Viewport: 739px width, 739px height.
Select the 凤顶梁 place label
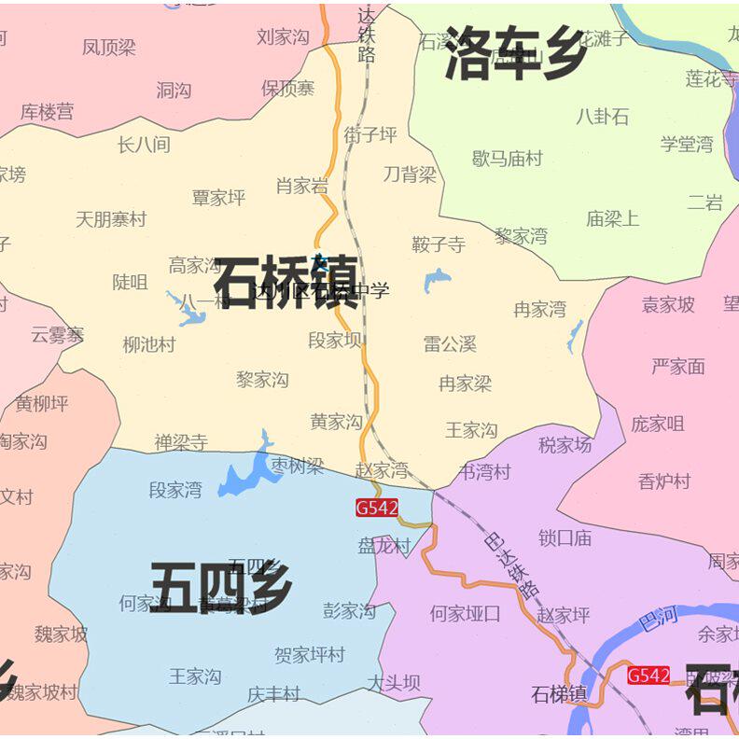(x=109, y=48)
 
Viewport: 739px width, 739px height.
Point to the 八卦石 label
(x=602, y=117)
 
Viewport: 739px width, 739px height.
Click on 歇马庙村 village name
(x=508, y=159)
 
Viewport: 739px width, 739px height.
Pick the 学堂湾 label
(x=687, y=144)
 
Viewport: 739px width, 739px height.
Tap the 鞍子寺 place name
(x=439, y=245)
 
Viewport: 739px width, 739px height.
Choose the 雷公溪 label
(x=450, y=343)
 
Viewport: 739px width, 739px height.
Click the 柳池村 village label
(x=149, y=344)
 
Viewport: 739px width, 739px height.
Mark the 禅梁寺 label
(x=181, y=442)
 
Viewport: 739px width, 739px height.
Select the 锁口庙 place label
(x=565, y=537)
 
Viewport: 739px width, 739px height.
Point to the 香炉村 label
(x=664, y=481)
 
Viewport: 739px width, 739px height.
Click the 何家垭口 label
(x=465, y=614)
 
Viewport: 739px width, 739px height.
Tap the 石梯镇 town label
(x=559, y=694)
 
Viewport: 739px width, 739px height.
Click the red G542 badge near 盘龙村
(x=377, y=509)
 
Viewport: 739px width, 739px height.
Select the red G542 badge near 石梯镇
(x=648, y=676)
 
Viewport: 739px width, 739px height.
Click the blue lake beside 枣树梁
(x=244, y=476)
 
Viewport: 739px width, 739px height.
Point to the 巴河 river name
(x=659, y=619)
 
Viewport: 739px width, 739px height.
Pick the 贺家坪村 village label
(x=310, y=655)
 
